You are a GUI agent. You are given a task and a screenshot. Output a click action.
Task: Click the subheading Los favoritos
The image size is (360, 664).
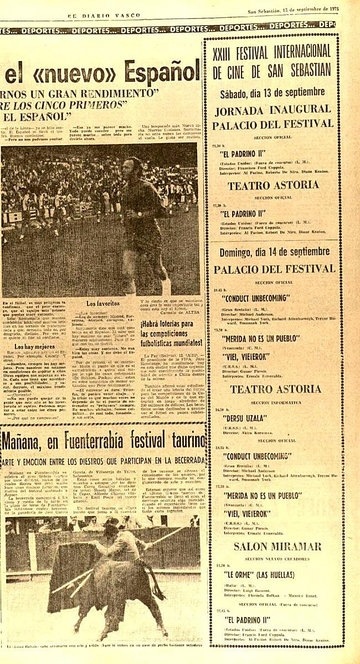[x=103, y=304]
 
